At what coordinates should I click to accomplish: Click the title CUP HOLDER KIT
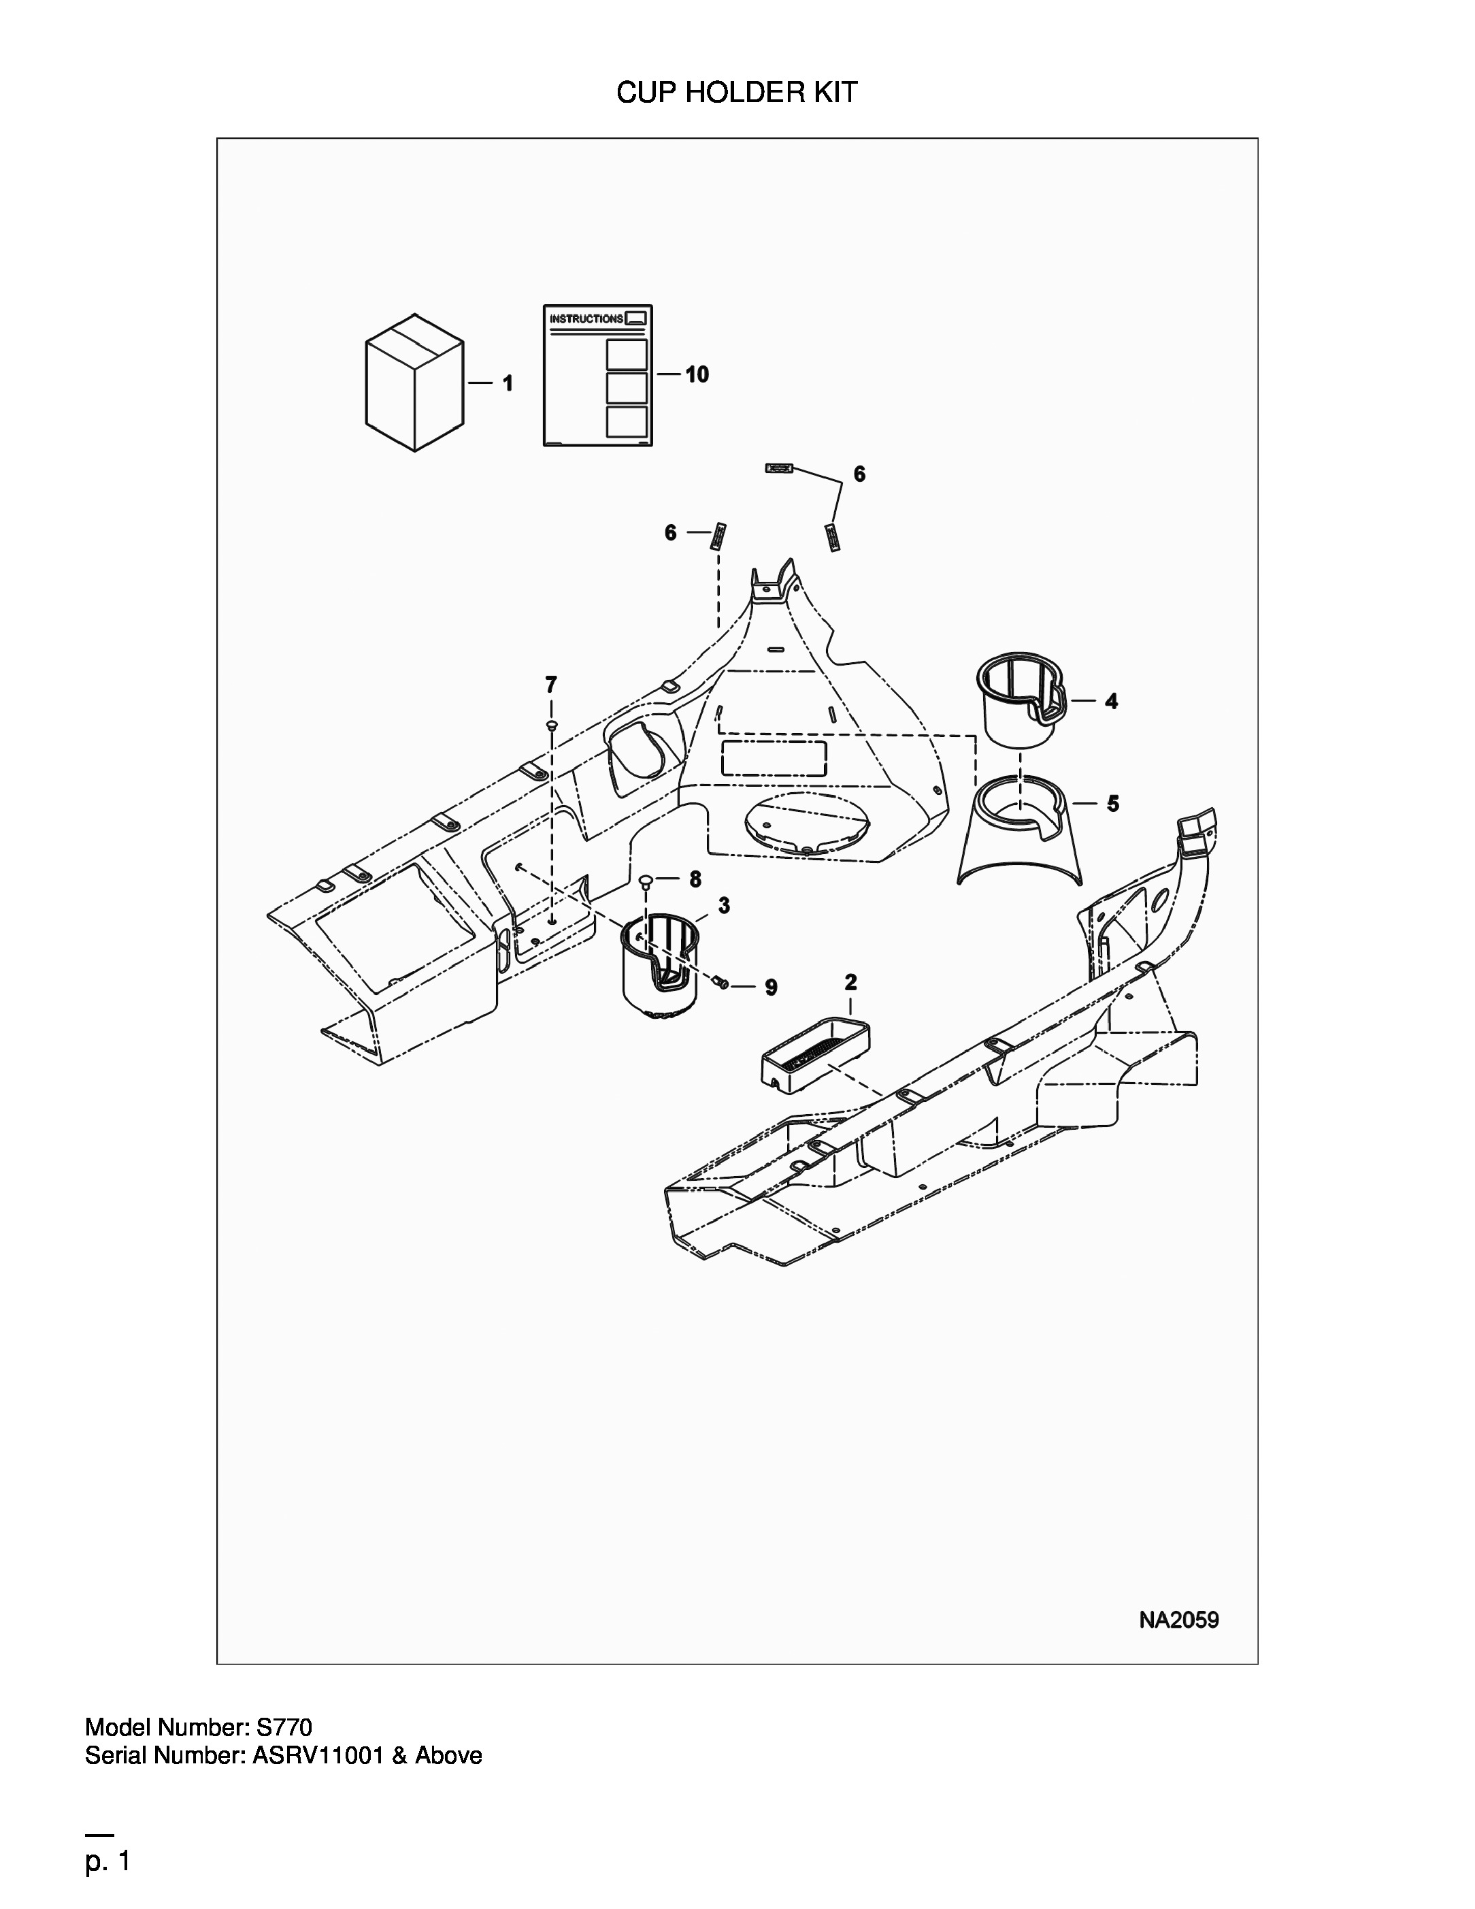[x=737, y=93]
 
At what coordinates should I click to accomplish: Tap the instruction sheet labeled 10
[x=598, y=375]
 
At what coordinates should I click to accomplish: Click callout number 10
[x=697, y=374]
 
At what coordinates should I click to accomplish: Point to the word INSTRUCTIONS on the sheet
[x=586, y=319]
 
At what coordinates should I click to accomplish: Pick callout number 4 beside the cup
[x=1110, y=700]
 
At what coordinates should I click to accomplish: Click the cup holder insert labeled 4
[x=1021, y=698]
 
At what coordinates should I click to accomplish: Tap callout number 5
[x=1112, y=803]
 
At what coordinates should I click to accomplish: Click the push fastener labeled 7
[x=550, y=725]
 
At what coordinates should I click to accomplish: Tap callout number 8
[x=695, y=879]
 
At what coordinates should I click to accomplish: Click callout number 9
[x=771, y=987]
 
